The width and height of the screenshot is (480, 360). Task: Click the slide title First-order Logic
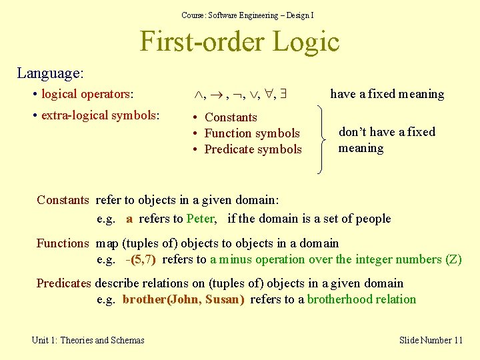239,42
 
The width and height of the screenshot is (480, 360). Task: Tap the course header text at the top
247,15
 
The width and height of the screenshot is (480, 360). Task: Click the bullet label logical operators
87,94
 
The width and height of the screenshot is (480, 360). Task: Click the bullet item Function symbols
251,133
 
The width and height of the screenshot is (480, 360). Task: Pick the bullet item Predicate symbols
253,149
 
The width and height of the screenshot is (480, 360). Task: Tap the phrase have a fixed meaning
387,94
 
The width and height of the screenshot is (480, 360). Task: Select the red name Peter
201,219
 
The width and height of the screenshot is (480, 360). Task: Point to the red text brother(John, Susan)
183,299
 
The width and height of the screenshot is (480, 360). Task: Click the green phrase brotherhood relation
361,299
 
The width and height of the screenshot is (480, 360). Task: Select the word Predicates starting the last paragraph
64,283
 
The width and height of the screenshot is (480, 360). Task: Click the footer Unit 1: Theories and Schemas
88,340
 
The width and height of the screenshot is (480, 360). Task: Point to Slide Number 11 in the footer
431,340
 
